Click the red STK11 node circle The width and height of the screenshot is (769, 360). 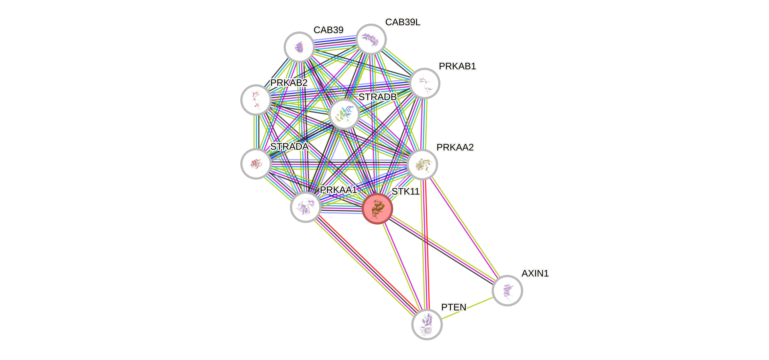coord(377,208)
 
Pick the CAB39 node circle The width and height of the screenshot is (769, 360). coord(299,47)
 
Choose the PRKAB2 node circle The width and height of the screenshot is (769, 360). coord(256,100)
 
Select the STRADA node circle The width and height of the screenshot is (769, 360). coord(256,164)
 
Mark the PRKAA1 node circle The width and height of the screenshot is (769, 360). coord(305,207)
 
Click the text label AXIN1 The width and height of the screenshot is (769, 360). coord(535,273)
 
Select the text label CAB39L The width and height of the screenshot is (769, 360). coord(403,22)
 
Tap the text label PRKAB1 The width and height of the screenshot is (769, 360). coord(457,66)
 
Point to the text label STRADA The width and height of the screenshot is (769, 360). coord(289,147)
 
